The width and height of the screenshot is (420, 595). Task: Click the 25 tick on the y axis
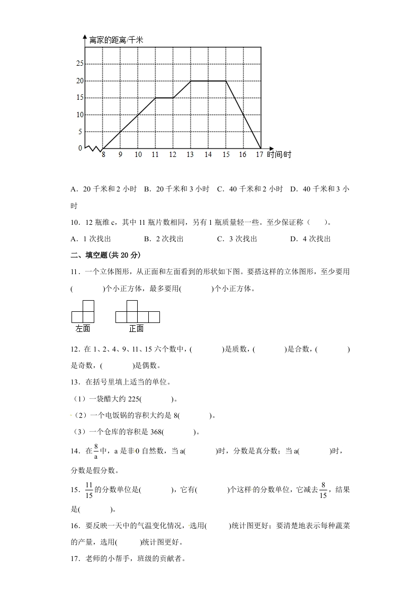click(80, 64)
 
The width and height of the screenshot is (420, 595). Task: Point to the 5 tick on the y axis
click(80, 132)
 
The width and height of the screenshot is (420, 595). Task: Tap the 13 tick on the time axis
click(190, 155)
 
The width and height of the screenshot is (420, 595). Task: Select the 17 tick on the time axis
click(259, 155)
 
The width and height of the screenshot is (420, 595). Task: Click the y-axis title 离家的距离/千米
click(117, 40)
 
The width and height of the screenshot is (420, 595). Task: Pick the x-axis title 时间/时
click(279, 155)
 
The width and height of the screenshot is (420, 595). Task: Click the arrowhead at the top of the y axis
click(85, 36)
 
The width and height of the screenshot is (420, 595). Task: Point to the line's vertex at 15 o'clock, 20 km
click(226, 81)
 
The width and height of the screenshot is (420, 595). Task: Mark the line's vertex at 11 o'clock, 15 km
click(155, 98)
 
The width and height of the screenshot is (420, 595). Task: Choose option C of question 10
click(237, 239)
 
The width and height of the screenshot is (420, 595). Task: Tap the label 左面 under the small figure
click(83, 329)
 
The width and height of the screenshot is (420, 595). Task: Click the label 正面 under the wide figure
click(136, 329)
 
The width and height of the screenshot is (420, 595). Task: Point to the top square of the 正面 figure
click(132, 306)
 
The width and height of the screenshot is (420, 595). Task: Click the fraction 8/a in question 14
click(96, 451)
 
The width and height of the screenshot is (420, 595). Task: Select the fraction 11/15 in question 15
click(89, 490)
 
